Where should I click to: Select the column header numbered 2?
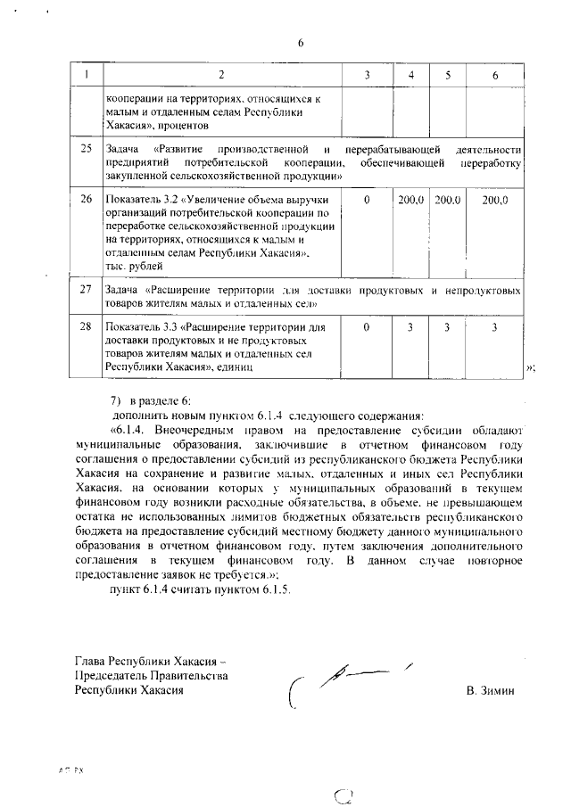click(x=222, y=77)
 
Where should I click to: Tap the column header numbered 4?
click(x=410, y=77)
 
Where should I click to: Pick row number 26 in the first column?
click(x=87, y=201)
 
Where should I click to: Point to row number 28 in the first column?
click(x=87, y=327)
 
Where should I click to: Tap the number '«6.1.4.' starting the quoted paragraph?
click(x=128, y=429)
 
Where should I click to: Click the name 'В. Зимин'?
click(x=490, y=691)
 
